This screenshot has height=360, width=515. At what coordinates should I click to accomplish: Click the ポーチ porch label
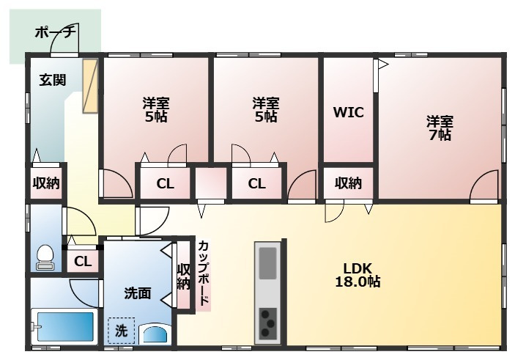click(x=56, y=33)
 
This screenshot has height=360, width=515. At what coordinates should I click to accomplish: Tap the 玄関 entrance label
click(x=53, y=80)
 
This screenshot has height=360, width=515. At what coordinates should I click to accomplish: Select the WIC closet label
click(x=348, y=113)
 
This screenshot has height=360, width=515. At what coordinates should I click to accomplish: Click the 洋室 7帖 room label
click(x=440, y=128)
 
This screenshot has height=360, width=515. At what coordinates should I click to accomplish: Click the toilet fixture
click(x=45, y=257)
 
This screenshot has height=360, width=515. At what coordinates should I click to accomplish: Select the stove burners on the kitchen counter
click(x=269, y=320)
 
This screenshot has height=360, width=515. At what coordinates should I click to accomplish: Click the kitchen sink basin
click(x=268, y=262)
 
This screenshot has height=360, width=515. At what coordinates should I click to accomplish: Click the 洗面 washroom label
click(x=137, y=293)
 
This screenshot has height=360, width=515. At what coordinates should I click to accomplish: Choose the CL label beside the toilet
click(x=83, y=260)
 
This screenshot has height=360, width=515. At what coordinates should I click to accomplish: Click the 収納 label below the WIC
click(x=348, y=183)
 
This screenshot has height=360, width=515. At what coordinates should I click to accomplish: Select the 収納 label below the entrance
click(x=45, y=183)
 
